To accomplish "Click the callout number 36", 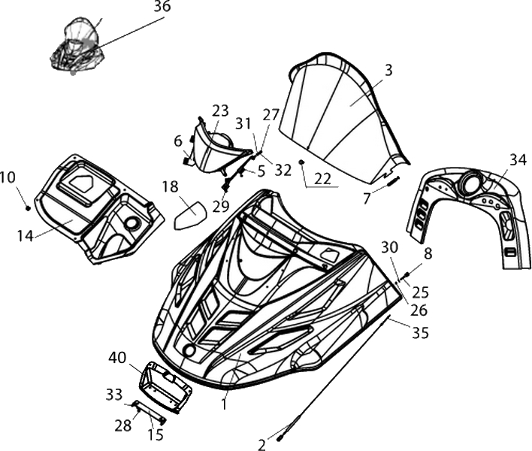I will tap(162, 7).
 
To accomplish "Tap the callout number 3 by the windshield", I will tap(388, 71).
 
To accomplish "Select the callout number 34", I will tap(518, 159).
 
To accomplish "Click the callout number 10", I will tap(8, 177).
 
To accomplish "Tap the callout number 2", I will tap(261, 445).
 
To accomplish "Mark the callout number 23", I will tap(220, 110).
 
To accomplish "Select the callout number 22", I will tap(322, 179).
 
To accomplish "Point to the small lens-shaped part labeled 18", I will tap(190, 215).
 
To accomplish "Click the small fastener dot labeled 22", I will tap(301, 163).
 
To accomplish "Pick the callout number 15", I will tap(155, 434).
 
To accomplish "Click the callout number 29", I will tap(220, 206).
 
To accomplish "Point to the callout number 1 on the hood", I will tap(223, 404).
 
